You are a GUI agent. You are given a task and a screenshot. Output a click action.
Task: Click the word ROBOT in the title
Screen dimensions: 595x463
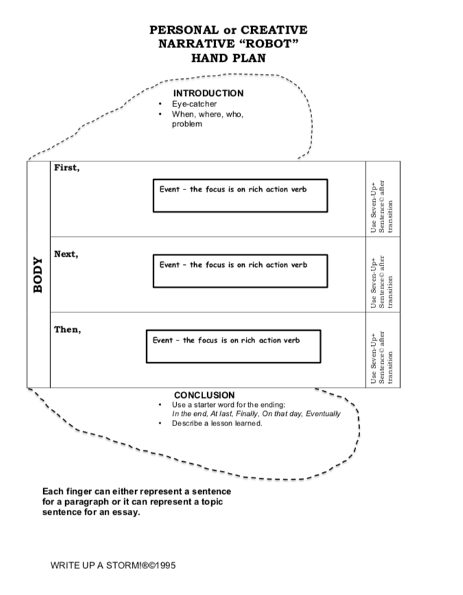pyautogui.click(x=268, y=44)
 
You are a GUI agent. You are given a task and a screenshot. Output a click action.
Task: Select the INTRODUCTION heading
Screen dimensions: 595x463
pyautogui.click(x=209, y=93)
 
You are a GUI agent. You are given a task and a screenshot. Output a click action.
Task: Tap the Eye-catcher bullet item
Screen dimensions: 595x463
pyautogui.click(x=194, y=104)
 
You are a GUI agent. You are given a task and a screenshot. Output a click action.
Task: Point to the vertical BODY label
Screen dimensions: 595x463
pyautogui.click(x=39, y=275)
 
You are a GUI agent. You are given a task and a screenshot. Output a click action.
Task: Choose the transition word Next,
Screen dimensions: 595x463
pyautogui.click(x=67, y=254)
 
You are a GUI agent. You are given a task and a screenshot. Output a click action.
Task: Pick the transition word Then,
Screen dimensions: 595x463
pyautogui.click(x=68, y=329)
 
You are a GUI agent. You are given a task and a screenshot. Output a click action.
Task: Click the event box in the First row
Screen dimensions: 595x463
pyautogui.click(x=240, y=196)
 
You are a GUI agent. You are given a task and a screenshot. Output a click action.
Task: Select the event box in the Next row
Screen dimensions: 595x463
pyautogui.click(x=240, y=271)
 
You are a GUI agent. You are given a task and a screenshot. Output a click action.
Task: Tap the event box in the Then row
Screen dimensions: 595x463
pyautogui.click(x=233, y=347)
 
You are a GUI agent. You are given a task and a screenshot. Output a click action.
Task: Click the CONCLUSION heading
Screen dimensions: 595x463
pyautogui.click(x=204, y=395)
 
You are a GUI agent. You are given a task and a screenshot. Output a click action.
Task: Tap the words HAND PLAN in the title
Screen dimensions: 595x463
pyautogui.click(x=228, y=58)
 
